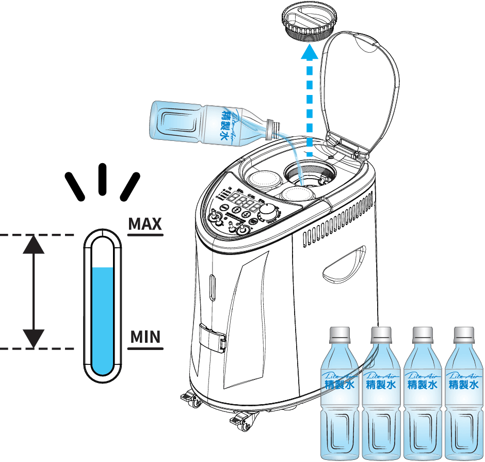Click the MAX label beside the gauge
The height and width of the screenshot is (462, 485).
pyautogui.click(x=145, y=224)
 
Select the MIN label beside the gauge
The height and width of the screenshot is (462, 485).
pyautogui.click(x=145, y=337)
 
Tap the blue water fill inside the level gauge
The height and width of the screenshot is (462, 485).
pyautogui.click(x=103, y=320)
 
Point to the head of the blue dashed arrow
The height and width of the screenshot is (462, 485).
pyautogui.click(x=309, y=52)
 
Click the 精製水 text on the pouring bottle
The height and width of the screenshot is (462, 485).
pyautogui.click(x=225, y=124)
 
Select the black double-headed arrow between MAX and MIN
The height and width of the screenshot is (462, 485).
pyautogui.click(x=34, y=292)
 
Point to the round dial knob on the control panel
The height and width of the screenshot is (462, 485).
pyautogui.click(x=268, y=212)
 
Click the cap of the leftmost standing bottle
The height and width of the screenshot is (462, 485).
pyautogui.click(x=339, y=333)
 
